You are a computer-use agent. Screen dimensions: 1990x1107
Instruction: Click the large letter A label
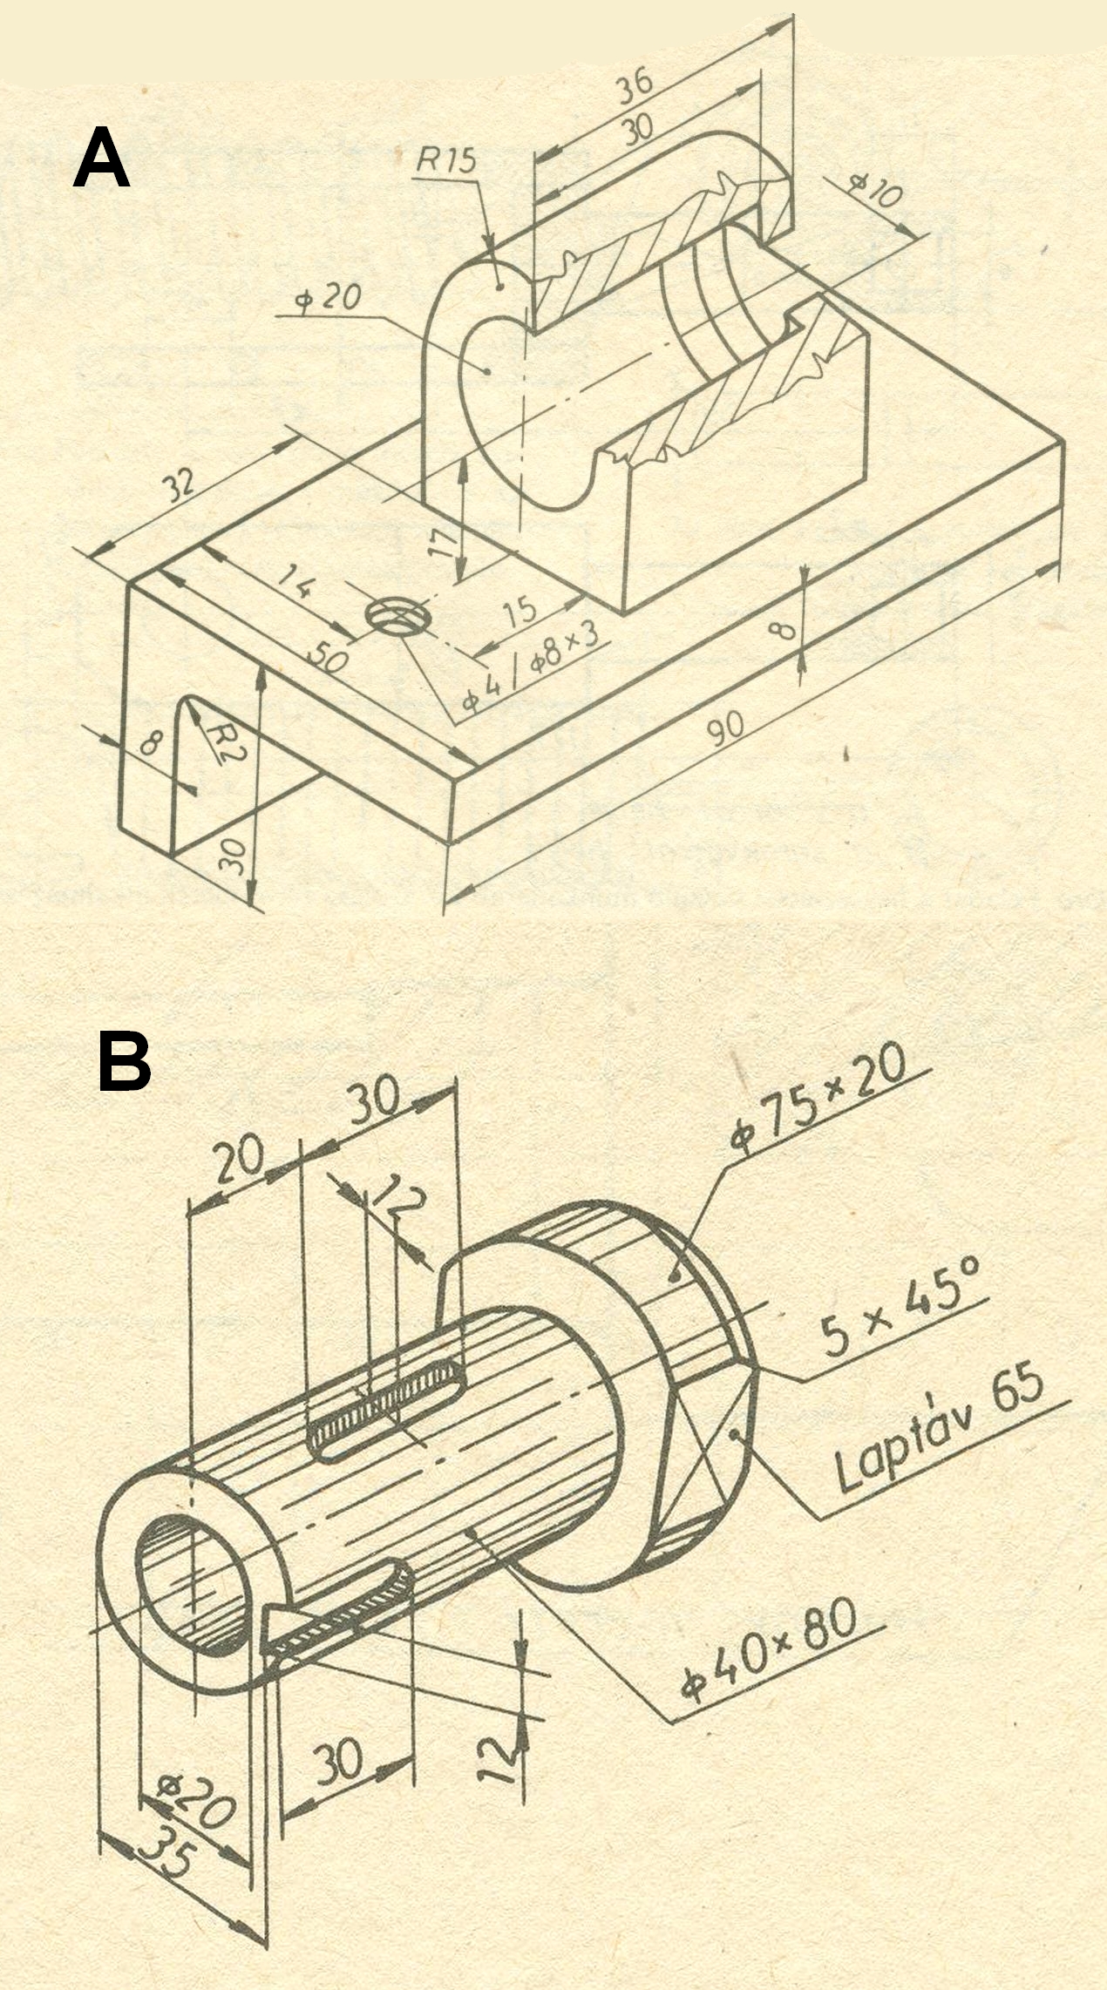click(101, 158)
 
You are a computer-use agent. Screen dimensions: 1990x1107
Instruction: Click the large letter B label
click(124, 1060)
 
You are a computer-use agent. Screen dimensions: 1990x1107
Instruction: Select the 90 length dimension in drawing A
click(725, 728)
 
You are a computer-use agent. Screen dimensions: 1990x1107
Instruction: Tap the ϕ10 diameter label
click(874, 190)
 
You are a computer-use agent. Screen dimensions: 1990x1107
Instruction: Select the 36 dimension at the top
click(634, 85)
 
